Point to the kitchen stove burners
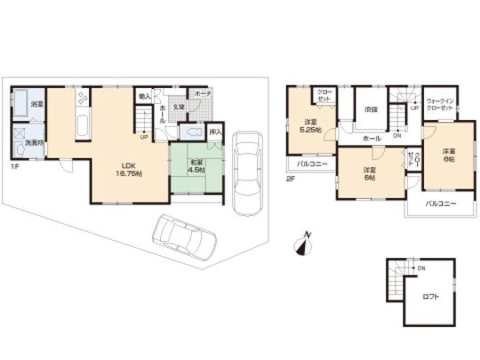(83, 99)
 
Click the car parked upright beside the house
(244, 172)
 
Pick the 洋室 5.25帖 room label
(311, 124)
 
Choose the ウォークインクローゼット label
(441, 103)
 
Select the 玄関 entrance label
(179, 107)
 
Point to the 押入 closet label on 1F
(214, 132)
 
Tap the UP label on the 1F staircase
(142, 137)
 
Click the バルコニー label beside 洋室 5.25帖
(309, 164)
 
